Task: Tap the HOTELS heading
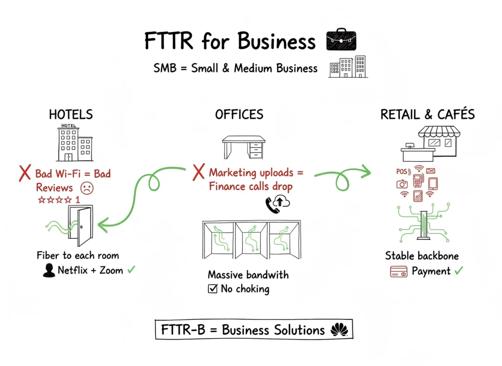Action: tap(71, 115)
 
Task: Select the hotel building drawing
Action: tap(74, 143)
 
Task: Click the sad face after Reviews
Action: tap(87, 188)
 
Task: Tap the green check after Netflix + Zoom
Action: tap(131, 270)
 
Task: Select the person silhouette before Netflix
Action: tap(49, 270)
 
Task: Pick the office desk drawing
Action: tap(243, 146)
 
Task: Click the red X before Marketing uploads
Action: tap(198, 172)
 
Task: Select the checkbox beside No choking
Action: tap(212, 289)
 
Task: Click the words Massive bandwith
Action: tap(248, 274)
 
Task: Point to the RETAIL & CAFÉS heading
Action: tap(427, 115)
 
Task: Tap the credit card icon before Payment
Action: tap(399, 271)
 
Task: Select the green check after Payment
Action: tap(458, 270)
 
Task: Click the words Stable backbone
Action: tap(422, 256)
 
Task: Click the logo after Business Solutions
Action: tap(339, 330)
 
